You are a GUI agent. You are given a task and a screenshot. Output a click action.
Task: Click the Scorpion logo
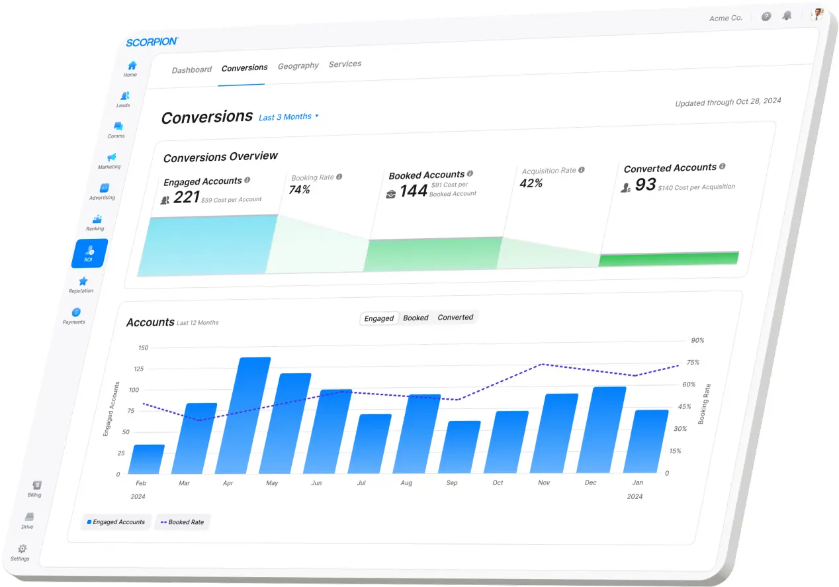pos(152,42)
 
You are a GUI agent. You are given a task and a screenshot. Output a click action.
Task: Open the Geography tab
pos(298,66)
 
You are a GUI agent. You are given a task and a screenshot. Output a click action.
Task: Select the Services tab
pos(345,64)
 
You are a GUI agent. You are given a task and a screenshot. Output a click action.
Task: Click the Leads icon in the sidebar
pos(124,96)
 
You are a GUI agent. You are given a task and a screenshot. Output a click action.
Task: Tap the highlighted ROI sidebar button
pos(89,253)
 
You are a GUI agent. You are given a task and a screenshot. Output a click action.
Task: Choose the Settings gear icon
pos(22,549)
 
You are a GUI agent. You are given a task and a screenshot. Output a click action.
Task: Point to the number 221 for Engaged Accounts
pos(186,197)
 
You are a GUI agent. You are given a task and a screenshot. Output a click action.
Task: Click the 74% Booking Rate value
pos(300,189)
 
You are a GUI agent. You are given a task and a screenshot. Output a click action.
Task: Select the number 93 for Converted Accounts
pos(645,185)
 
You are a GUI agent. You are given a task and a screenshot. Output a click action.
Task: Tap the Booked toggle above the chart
pos(416,318)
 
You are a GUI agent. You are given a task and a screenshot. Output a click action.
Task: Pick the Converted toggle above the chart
pos(455,317)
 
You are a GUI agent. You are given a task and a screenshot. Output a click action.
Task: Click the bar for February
pos(149,459)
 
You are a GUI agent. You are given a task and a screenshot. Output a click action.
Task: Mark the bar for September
pos(464,447)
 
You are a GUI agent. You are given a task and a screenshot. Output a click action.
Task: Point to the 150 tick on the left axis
pos(143,347)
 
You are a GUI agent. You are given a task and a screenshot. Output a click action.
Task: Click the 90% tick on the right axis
pos(697,340)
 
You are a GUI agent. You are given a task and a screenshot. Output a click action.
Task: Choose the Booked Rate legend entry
pos(182,522)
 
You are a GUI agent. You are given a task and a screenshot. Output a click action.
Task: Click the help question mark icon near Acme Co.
pos(766,17)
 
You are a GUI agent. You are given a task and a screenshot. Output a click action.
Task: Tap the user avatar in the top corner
pos(818,14)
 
